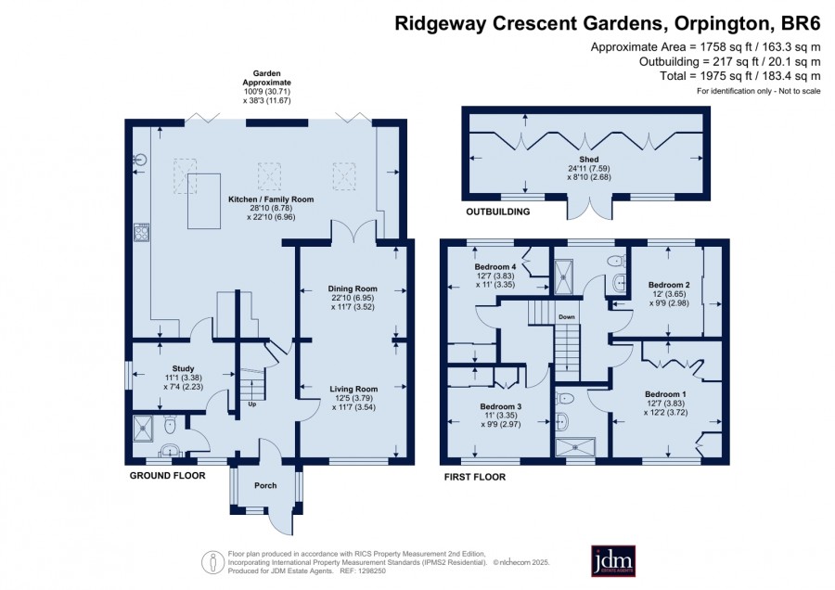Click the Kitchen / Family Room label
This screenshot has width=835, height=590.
[x=271, y=199]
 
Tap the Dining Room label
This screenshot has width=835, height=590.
[x=353, y=289]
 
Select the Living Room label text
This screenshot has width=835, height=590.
[x=353, y=389]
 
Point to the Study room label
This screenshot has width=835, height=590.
[x=183, y=368]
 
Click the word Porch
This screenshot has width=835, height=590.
[x=265, y=485]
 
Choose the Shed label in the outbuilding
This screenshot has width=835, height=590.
[x=589, y=160]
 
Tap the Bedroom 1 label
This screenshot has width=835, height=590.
[x=665, y=394]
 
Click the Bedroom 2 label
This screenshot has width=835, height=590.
[x=669, y=285]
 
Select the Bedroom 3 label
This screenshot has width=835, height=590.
[x=501, y=406]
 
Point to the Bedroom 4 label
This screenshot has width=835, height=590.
[x=495, y=267]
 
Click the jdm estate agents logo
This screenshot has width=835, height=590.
[x=613, y=560]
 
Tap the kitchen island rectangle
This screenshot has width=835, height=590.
[x=204, y=201]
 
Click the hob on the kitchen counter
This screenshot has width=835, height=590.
[x=142, y=233]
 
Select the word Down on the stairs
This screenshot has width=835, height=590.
[x=567, y=317]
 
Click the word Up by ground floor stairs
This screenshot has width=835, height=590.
[x=251, y=404]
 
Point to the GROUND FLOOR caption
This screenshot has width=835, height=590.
[x=167, y=476]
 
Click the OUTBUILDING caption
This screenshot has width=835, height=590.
[x=498, y=212]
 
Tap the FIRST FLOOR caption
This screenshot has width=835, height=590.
[x=475, y=477]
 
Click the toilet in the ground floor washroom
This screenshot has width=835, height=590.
[x=170, y=424]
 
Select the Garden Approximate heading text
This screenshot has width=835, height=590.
[x=267, y=78]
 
